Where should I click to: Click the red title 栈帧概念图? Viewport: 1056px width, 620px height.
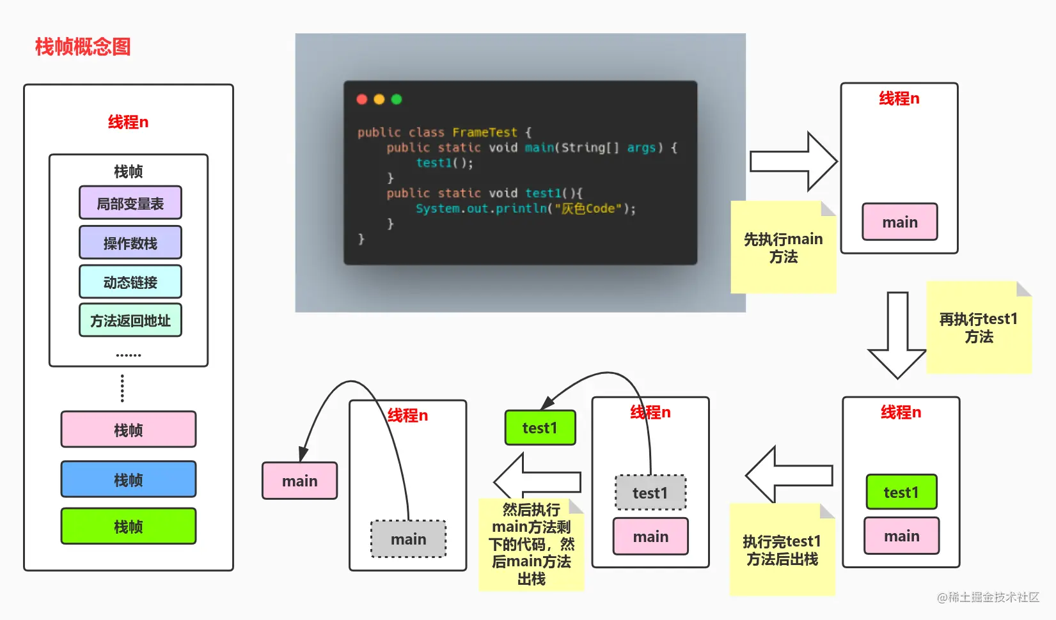tap(83, 47)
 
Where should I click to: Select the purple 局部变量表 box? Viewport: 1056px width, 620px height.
tap(130, 203)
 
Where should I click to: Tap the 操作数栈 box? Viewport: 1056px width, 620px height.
tap(130, 243)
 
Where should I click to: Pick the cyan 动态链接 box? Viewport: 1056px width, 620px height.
tap(130, 282)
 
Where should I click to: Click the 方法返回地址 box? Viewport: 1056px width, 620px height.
tap(130, 320)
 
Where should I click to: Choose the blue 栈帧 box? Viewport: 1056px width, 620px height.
tap(128, 479)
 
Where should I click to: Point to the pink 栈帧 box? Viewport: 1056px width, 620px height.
tap(128, 429)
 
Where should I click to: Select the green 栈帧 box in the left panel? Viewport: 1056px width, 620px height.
tap(128, 526)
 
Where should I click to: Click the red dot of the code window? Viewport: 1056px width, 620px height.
tap(362, 99)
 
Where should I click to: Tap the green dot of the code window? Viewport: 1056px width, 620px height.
tap(397, 99)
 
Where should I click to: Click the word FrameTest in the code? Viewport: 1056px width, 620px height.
tap(485, 132)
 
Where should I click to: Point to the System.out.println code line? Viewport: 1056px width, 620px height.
tap(526, 208)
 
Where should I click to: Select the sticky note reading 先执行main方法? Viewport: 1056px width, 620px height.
tap(784, 247)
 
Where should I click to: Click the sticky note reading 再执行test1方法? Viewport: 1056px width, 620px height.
tap(979, 327)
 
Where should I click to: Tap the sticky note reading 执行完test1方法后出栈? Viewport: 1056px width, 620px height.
tap(782, 550)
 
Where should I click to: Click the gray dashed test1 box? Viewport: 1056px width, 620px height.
tap(650, 492)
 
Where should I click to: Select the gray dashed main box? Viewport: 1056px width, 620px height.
tap(408, 539)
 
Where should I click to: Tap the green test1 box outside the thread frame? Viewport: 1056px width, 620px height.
tap(540, 428)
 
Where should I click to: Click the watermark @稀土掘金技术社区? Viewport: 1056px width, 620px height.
tap(988, 598)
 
